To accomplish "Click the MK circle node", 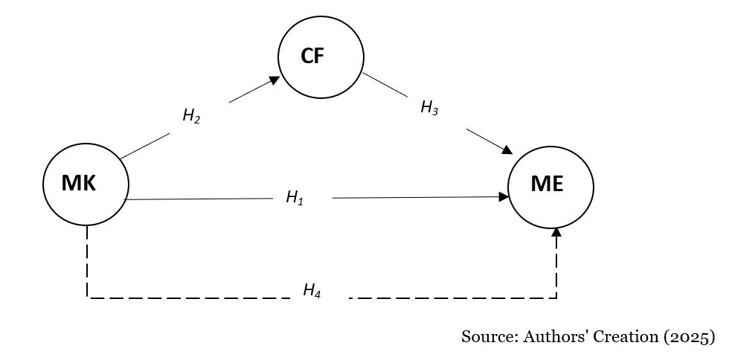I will (86, 184).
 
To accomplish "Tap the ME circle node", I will (550, 186).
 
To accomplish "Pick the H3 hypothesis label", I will (429, 108).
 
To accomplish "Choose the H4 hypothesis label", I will (312, 290).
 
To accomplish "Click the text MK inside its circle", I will (79, 184).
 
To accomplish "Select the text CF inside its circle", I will (312, 57).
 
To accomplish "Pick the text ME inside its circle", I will (547, 185).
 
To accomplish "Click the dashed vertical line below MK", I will (88, 260).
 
